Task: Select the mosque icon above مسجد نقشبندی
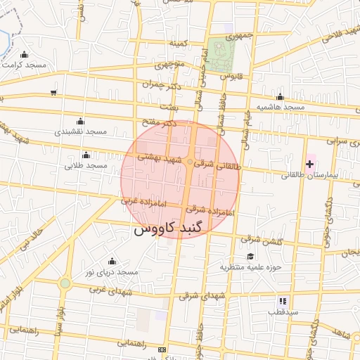[79, 121]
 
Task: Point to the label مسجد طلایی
[85, 166]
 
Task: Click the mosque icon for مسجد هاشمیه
[280, 97]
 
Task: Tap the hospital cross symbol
[310, 163]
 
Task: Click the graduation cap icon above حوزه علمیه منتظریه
[250, 257]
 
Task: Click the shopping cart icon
[53, 92]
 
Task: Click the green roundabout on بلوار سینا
[65, 283]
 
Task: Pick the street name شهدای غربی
[105, 288]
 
